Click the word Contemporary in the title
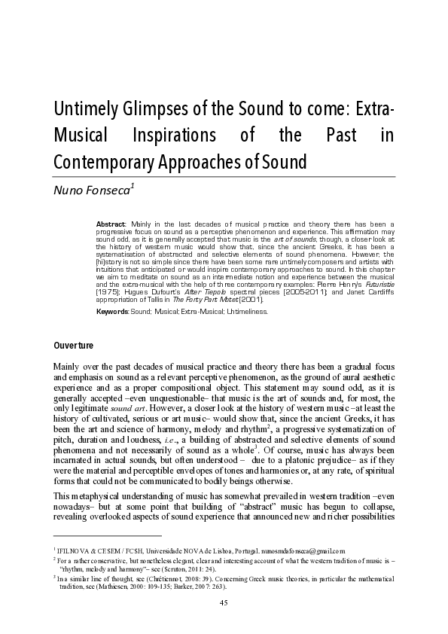pos(105,161)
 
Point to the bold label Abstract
pos(111,225)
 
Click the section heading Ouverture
pos(72,346)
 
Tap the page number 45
pos(223,602)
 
